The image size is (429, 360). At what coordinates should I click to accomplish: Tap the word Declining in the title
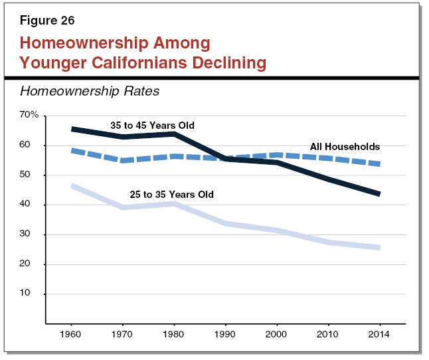pyautogui.click(x=224, y=63)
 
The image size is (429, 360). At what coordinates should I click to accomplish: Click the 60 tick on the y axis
pyautogui.click(x=33, y=145)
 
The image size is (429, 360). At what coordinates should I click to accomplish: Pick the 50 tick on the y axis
pyautogui.click(x=33, y=175)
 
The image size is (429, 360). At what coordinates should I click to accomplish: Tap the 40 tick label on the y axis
pyautogui.click(x=33, y=205)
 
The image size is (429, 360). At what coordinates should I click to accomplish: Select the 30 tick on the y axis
pyautogui.click(x=33, y=234)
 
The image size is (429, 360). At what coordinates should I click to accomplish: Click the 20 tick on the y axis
pyautogui.click(x=33, y=264)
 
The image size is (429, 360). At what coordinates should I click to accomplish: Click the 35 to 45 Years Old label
pyautogui.click(x=152, y=125)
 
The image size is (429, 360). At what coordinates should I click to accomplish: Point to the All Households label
pyautogui.click(x=345, y=147)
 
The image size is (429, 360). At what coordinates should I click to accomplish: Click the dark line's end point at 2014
pyautogui.click(x=377, y=194)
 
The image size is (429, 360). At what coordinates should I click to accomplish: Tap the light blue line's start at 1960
pyautogui.click(x=72, y=187)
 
